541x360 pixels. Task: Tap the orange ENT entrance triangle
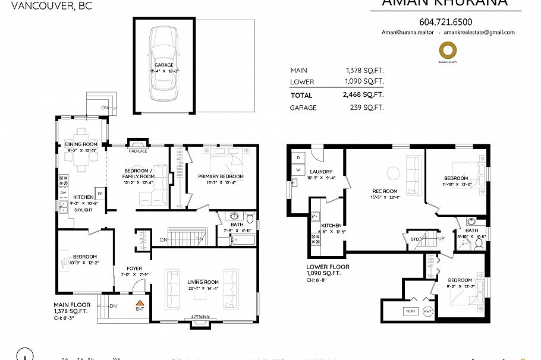(x=140, y=304)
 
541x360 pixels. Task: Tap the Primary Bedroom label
(x=221, y=176)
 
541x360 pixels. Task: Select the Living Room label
(x=203, y=282)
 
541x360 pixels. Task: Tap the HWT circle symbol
(x=428, y=311)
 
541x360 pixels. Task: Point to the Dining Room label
(x=81, y=144)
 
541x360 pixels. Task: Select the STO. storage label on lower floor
(x=415, y=239)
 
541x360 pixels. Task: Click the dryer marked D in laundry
(x=298, y=157)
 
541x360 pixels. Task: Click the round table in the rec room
(x=393, y=173)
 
